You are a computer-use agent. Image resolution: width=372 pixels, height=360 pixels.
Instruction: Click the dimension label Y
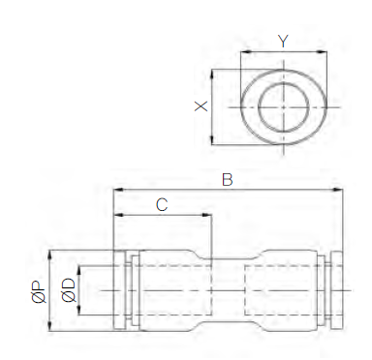(x=283, y=41)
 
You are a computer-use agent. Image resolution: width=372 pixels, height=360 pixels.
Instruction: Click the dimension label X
(x=201, y=106)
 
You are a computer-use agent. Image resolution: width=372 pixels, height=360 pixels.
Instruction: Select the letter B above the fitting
(x=228, y=180)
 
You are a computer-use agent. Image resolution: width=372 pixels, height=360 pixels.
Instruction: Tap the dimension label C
(x=162, y=204)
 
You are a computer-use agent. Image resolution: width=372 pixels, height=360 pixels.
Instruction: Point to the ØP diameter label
(x=39, y=292)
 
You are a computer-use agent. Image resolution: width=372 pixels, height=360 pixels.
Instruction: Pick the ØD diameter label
(x=68, y=290)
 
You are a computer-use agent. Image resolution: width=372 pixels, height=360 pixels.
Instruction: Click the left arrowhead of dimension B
(x=119, y=190)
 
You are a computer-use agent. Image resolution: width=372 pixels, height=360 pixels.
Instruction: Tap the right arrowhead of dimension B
(x=337, y=190)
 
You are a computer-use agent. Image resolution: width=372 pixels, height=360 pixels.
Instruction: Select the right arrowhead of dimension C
(x=206, y=215)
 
